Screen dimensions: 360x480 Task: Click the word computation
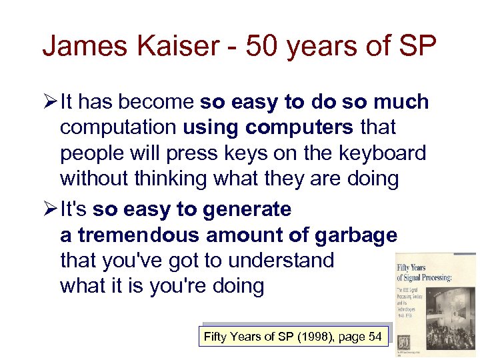click(x=119, y=127)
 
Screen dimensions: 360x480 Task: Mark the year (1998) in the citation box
click(x=317, y=337)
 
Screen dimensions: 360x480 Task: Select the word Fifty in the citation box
click(x=215, y=337)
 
